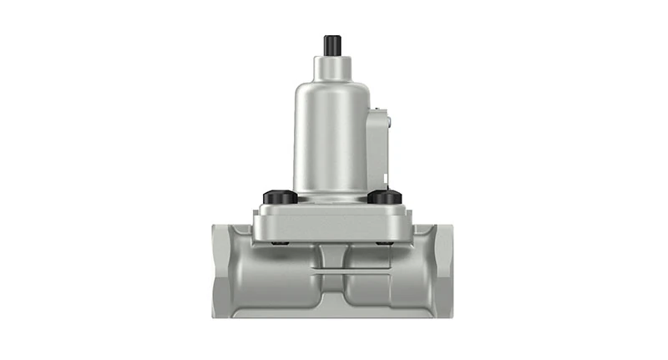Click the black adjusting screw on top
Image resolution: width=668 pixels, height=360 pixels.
(331, 43)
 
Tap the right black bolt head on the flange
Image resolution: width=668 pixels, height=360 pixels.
(385, 197)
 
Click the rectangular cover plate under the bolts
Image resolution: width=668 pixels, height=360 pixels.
(331, 221)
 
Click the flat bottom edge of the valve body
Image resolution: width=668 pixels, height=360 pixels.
(331, 315)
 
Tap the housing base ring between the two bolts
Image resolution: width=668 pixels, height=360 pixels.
(331, 197)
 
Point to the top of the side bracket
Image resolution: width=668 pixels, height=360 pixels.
(381, 109)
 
